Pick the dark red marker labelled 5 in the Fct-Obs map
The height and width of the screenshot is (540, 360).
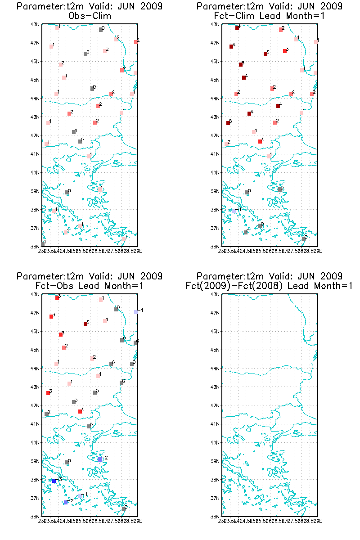85,324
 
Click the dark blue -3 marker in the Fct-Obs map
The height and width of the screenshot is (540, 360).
54,481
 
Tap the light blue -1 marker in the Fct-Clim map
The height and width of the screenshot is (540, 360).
234,211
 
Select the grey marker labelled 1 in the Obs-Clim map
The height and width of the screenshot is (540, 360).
43,243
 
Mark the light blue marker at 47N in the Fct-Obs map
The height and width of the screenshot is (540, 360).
136,312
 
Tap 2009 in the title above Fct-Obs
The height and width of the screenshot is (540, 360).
152,276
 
